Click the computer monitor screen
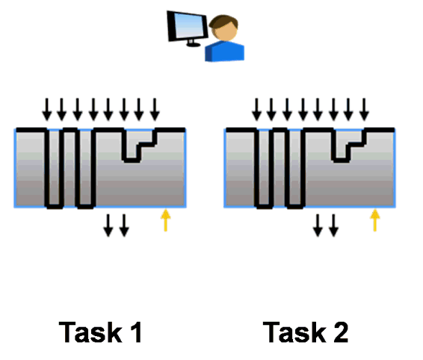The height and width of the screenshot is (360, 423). coord(188,25)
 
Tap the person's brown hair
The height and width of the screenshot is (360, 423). coord(224,22)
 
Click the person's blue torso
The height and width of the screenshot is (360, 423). coord(225,52)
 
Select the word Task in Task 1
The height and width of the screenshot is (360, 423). coord(90,332)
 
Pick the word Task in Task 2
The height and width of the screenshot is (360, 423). coord(294,332)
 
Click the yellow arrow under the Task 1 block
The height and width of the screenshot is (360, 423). coord(166,220)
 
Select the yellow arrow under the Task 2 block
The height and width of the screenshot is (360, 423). coord(375,220)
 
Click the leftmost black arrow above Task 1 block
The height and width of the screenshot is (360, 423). coord(47,109)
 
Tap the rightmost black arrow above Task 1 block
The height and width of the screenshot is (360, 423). coord(155,109)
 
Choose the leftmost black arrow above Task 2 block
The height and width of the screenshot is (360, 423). coord(256,109)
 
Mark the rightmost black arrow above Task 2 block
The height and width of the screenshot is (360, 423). coord(364,109)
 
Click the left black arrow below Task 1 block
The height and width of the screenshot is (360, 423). coord(108,226)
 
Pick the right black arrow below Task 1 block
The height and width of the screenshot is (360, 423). coord(124,226)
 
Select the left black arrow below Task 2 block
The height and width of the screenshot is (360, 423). coord(318,226)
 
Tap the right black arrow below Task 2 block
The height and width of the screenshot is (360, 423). coord(334,226)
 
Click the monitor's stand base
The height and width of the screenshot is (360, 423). coord(194,45)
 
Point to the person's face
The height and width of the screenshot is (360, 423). coord(224,31)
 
